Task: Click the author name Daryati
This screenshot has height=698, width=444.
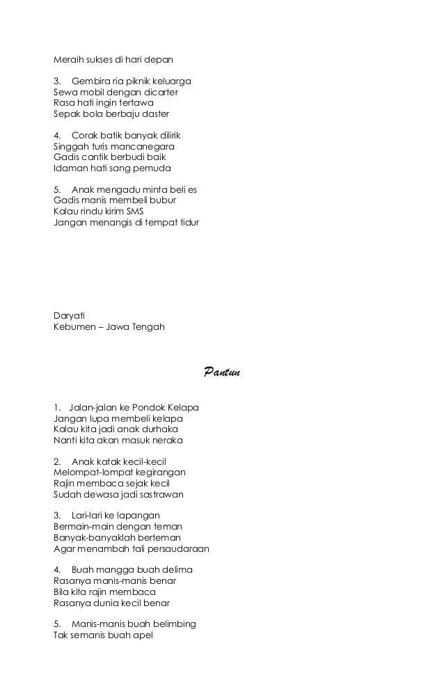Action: pyautogui.click(x=70, y=315)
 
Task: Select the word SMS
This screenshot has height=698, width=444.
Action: pyautogui.click(x=132, y=212)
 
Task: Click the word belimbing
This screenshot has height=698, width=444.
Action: pyautogui.click(x=172, y=624)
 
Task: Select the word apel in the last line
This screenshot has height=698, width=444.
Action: pyautogui.click(x=141, y=635)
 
